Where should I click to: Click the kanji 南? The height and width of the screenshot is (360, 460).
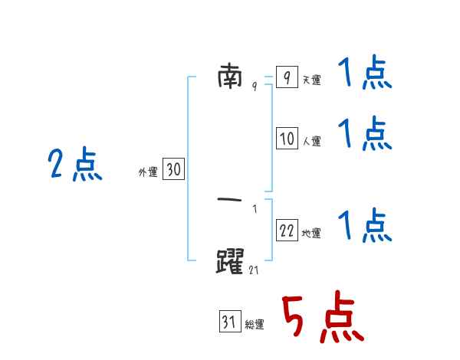coord(230,77)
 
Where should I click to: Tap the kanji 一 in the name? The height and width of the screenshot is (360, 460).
coord(229,200)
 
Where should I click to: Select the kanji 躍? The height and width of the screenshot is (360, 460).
coord(230,261)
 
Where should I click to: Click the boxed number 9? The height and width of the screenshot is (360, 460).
coord(287,77)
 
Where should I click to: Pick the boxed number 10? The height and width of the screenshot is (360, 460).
coord(287,138)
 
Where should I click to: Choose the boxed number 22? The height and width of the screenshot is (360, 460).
coord(287,230)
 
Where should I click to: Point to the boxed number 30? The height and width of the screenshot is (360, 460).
coord(174,169)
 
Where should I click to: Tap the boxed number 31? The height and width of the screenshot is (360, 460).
coord(230,321)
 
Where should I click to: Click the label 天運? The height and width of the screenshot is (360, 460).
coord(312,80)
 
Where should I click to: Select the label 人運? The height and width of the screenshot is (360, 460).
coord(312,141)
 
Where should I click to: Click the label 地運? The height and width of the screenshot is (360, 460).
coord(311,234)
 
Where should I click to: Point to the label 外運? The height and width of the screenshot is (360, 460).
coord(148,172)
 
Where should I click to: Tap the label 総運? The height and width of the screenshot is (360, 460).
coord(255,325)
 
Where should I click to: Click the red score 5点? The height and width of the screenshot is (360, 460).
coord(323,316)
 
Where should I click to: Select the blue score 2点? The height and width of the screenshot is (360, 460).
coord(75,164)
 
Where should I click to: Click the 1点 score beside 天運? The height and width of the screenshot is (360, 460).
coord(365,71)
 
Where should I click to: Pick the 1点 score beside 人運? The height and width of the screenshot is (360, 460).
coord(365,133)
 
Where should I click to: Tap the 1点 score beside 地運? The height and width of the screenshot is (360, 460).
coord(365,225)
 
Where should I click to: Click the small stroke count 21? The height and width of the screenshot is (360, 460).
coord(254,270)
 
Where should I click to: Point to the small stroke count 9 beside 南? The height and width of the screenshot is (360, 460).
coord(255,86)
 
